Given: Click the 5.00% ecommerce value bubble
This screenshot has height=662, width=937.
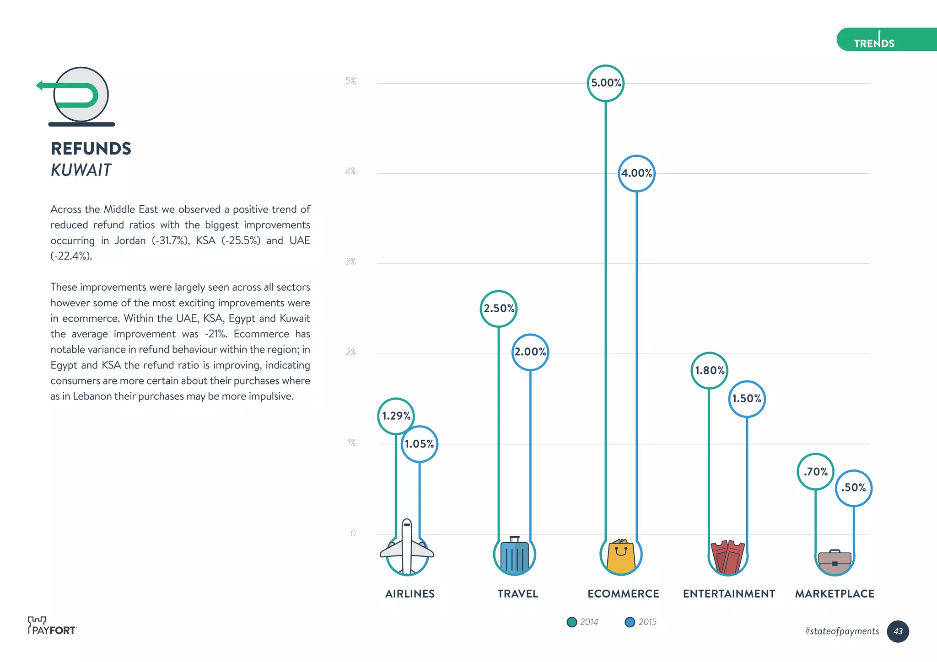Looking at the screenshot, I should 605,83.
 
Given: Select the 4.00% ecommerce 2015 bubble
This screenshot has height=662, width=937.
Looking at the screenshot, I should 636,173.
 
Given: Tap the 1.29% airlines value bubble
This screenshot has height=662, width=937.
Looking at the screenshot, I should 396,416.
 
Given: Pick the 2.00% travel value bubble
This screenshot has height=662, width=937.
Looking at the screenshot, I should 530,352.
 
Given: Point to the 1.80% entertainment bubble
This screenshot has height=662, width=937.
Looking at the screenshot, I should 709,370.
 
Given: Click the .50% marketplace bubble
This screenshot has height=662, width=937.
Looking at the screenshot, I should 853,488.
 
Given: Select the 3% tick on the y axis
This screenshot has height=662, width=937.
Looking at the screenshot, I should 350,262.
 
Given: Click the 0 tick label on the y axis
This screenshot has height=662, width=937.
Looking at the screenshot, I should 353,533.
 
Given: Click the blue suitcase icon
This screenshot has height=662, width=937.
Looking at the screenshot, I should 514,555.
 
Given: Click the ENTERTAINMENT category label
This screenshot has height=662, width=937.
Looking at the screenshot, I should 729,593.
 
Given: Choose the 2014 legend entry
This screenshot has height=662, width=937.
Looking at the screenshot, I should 582,622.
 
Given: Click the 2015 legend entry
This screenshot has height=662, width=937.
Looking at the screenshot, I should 641,622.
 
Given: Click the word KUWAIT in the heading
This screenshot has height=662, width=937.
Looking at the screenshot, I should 81,170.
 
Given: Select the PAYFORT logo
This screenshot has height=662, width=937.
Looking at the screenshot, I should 51,626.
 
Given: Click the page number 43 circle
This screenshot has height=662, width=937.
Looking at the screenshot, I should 898,631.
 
